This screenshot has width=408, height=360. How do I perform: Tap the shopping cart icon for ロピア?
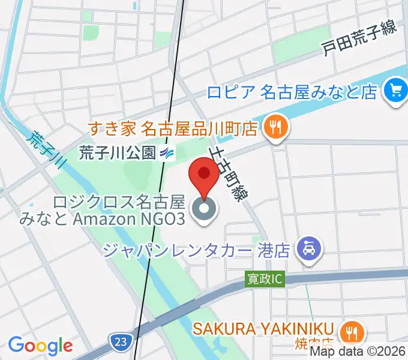pyautogui.click(x=395, y=91)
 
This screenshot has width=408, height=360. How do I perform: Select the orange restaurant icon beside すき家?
pyautogui.click(x=277, y=127)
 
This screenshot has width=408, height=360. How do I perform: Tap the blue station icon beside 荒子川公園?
pyautogui.click(x=167, y=154)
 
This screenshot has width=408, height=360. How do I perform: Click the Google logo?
pyautogui.click(x=40, y=346)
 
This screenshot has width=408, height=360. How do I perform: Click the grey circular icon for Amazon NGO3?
pyautogui.click(x=203, y=210)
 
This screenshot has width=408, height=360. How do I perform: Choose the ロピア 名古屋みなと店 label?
pyautogui.click(x=292, y=92)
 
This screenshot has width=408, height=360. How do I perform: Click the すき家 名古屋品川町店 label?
pyautogui.click(x=173, y=128)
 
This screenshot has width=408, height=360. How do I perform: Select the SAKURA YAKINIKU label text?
pyautogui.click(x=263, y=328)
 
